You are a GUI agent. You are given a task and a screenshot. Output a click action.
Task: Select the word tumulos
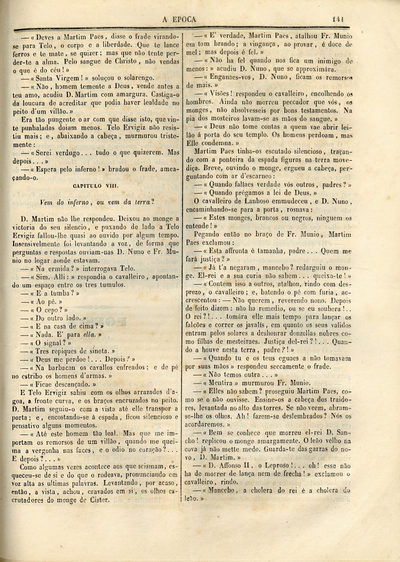[x=111, y=285]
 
